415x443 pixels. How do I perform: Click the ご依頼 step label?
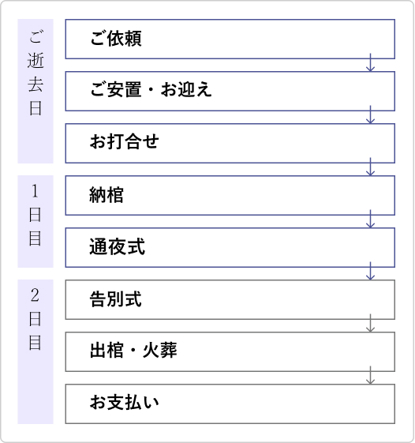point(116,39)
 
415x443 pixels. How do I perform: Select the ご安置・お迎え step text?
point(151,89)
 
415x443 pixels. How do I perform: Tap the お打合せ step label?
point(124,141)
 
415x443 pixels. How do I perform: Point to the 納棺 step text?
point(107,195)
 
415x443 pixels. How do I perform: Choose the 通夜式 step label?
point(117,246)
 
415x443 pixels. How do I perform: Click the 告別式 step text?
point(115,299)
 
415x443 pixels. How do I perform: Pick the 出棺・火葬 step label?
point(133,351)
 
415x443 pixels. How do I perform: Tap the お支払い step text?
point(124,402)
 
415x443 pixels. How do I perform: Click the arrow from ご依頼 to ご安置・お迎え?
point(370,62)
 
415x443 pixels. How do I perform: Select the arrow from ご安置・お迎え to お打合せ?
point(370,115)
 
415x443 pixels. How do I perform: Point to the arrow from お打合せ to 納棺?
point(370,167)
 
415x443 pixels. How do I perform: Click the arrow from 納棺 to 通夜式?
point(370,219)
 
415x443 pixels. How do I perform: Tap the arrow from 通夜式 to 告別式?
point(370,271)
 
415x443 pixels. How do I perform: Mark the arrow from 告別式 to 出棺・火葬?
point(370,323)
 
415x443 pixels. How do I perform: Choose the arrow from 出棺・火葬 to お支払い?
point(370,375)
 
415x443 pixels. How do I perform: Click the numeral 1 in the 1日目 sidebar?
point(35,191)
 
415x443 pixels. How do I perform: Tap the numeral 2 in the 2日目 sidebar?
point(35,295)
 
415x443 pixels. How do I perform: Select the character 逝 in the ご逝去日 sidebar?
point(36,61)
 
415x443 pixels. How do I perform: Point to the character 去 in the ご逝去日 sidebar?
point(36,84)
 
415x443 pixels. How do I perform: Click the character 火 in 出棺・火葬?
point(151,351)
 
